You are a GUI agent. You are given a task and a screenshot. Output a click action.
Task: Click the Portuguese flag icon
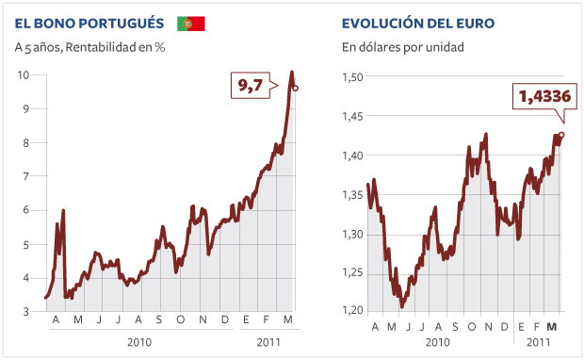(x=191, y=23)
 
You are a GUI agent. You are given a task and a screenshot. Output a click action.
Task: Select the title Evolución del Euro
(x=418, y=23)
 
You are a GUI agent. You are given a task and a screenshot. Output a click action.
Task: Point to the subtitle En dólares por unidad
(x=402, y=45)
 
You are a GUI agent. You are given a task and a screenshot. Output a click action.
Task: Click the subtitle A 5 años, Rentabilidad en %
(x=89, y=45)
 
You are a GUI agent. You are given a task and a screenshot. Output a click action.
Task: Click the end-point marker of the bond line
(x=296, y=89)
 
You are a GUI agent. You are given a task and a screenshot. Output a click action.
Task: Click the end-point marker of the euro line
(x=561, y=135)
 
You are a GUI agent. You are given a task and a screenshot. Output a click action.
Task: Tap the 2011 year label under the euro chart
(x=538, y=344)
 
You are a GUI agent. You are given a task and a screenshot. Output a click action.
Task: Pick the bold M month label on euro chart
(x=553, y=325)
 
